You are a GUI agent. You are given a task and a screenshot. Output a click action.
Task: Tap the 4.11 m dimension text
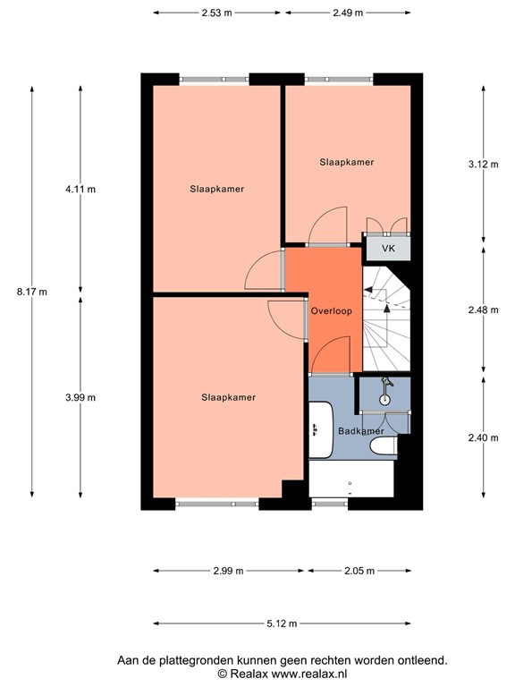pos(80,189)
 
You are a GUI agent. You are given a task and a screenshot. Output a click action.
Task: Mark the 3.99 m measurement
pos(80,397)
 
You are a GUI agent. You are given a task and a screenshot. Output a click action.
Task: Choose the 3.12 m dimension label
pos(484,164)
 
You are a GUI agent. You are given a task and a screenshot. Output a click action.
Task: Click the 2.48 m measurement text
pos(484,310)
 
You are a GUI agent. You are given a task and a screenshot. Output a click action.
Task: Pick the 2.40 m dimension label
pos(484,437)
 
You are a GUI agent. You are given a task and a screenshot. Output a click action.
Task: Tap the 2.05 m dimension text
pos(359,570)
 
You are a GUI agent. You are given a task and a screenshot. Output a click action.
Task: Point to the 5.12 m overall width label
pos(283,623)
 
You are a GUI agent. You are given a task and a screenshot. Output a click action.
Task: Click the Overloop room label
pos(331,310)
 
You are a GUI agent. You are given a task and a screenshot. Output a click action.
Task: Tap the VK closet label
pos(388,248)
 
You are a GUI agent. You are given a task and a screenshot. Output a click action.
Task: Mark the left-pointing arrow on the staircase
pos(367,289)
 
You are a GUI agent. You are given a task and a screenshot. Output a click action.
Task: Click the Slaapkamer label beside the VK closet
pos(346,162)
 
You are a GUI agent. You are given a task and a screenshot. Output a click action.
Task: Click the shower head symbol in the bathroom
pos(386,386)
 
